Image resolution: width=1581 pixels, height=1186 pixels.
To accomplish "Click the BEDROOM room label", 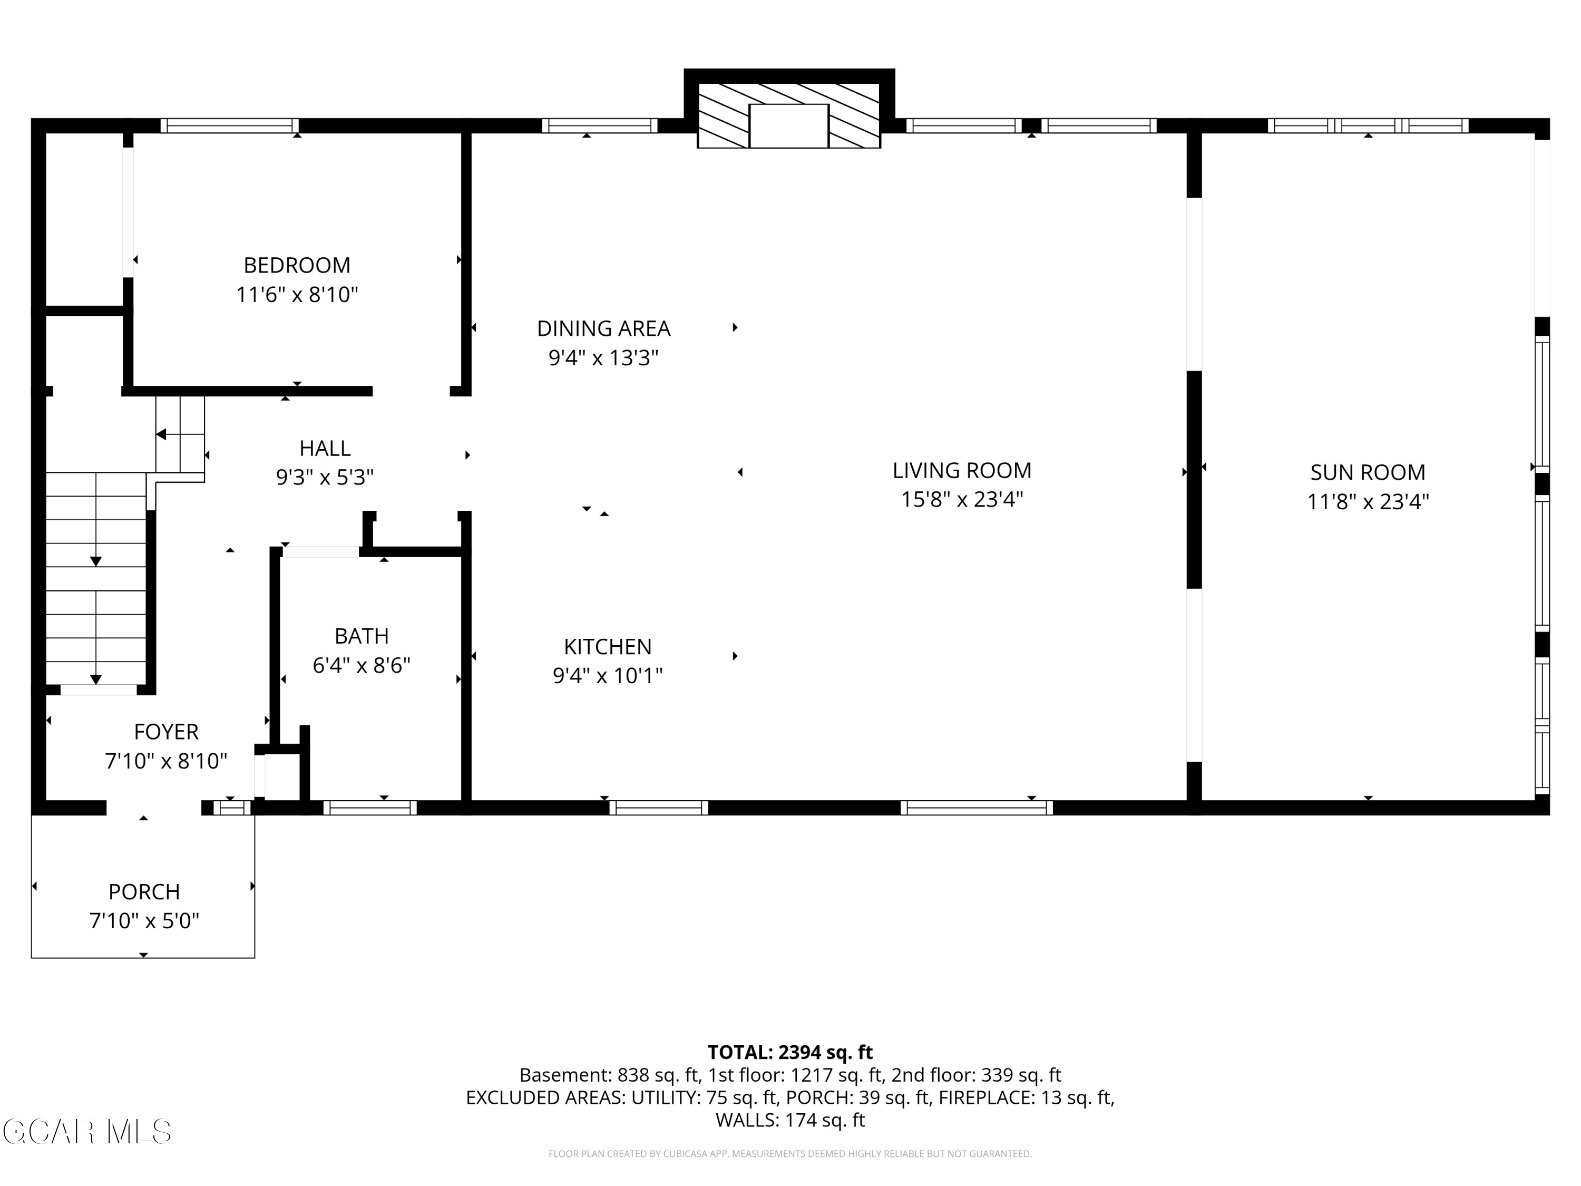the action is tap(297, 265).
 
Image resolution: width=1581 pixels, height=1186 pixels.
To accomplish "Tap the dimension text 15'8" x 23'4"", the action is tap(962, 499).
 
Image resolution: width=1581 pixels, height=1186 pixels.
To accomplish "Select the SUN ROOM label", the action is tap(1367, 472).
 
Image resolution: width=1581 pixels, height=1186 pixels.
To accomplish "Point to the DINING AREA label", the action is tap(603, 329).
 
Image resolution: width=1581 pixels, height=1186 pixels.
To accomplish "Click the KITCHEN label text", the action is tap(608, 647).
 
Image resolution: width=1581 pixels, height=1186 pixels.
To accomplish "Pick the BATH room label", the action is tap(362, 636).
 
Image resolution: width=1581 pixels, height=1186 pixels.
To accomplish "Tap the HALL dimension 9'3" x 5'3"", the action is tap(325, 477).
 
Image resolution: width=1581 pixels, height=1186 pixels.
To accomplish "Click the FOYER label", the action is tap(166, 732).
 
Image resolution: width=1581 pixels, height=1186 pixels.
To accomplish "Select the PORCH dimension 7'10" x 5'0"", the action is tap(144, 921).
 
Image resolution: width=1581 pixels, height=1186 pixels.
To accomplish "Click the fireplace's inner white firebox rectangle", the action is tap(788, 126).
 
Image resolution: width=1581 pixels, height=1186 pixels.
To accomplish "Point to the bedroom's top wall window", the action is tap(229, 126).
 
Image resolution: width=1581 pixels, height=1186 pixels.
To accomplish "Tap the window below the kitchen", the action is tap(658, 808).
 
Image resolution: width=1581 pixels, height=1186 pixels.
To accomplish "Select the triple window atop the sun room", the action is tap(1368, 126).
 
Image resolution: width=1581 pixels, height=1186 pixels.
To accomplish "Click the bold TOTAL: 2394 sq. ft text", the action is tap(790, 1052).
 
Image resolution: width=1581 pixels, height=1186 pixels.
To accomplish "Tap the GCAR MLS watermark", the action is tap(86, 1132).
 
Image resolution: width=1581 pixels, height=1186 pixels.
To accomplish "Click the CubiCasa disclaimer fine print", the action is tap(790, 1154).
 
